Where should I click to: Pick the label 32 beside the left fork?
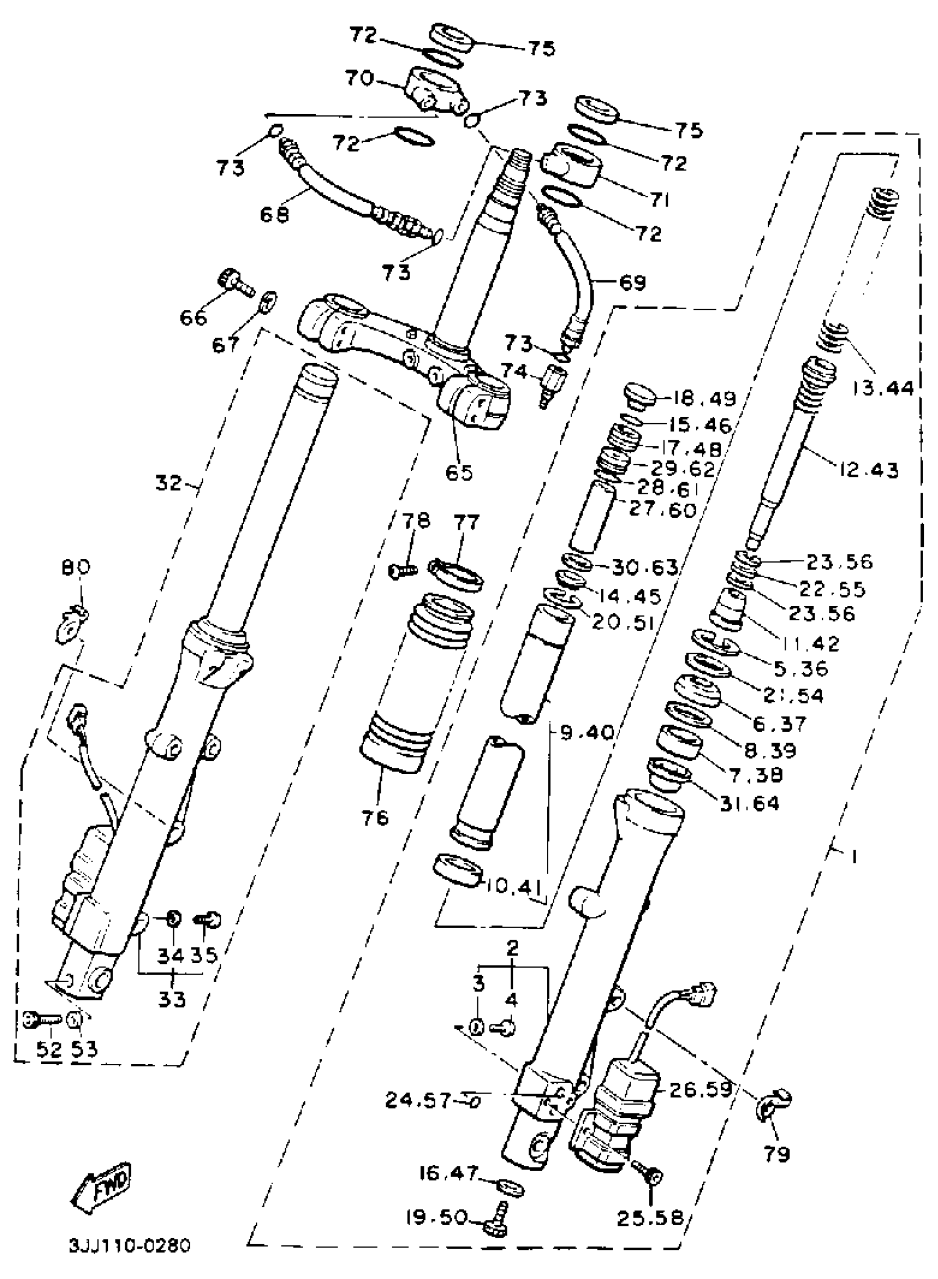coord(169,484)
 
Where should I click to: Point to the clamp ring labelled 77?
coord(457,574)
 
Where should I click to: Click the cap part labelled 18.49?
coord(639,395)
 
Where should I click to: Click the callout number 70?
coord(360,78)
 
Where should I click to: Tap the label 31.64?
coord(749,803)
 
